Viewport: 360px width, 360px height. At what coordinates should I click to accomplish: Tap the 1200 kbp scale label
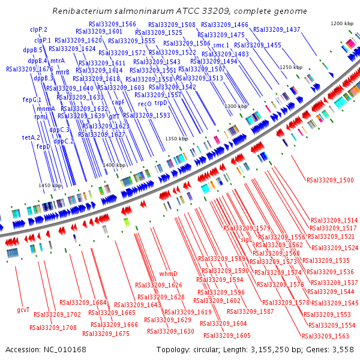(343, 23)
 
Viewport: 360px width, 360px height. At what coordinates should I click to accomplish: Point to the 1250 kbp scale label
(291, 68)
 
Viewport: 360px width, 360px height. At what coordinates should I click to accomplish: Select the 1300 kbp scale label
(236, 106)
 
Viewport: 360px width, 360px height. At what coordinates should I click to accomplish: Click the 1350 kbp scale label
(177, 139)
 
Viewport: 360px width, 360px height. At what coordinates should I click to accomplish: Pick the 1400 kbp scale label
(113, 165)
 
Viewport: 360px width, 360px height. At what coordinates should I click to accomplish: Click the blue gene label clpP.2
(38, 29)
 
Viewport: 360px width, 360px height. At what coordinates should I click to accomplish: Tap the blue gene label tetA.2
(31, 137)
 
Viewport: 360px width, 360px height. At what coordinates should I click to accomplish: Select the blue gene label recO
(145, 104)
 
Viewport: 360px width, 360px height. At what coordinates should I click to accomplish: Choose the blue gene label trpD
(161, 103)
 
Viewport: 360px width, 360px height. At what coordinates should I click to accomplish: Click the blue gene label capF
(118, 102)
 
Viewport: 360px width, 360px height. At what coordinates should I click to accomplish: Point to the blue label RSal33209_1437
(277, 29)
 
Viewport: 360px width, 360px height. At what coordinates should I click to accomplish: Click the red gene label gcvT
(23, 310)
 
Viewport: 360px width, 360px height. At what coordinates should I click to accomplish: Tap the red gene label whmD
(168, 274)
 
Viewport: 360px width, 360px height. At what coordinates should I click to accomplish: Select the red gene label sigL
(246, 239)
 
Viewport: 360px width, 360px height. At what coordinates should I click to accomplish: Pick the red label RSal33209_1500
(330, 179)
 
